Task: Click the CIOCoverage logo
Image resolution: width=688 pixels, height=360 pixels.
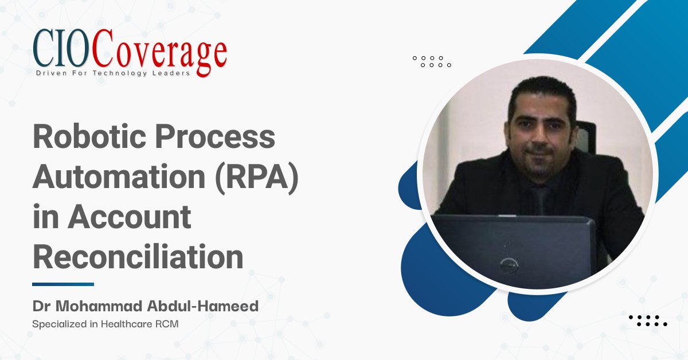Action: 130,54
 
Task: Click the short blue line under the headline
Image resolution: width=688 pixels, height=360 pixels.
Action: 63,284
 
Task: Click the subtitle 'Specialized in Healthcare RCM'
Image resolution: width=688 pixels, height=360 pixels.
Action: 105,324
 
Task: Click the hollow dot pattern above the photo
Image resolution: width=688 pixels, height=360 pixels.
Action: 432,61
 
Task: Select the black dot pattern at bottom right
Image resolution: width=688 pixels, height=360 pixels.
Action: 648,320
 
